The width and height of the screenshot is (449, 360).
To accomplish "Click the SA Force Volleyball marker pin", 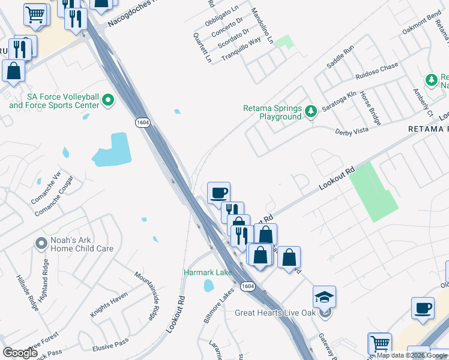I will [x=108, y=100].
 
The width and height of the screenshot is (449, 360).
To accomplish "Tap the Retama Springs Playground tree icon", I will [x=311, y=111].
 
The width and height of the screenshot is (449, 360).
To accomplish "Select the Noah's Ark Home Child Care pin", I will [x=41, y=244].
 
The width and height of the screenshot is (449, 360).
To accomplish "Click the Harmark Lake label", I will [x=208, y=273].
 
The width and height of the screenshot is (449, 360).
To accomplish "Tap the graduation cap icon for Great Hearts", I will [x=324, y=297].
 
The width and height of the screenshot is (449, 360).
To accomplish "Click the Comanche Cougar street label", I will [x=54, y=196].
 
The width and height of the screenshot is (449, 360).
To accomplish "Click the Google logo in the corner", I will [x=20, y=353].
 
